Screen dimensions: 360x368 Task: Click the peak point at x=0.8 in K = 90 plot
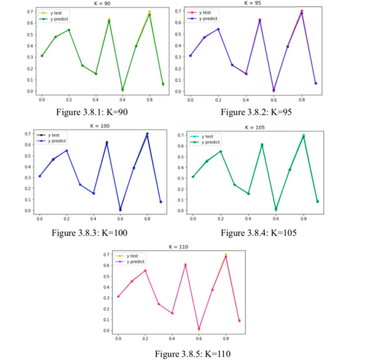click(149, 13)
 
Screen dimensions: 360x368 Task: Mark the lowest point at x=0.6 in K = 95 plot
click(274, 90)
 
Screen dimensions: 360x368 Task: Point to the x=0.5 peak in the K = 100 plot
click(106, 143)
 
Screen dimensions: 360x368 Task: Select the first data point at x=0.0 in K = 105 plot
click(193, 177)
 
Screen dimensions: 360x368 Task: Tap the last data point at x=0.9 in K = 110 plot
click(240, 320)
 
